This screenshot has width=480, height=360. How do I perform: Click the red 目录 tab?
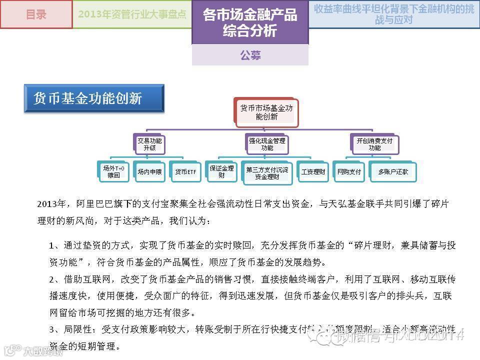(36, 14)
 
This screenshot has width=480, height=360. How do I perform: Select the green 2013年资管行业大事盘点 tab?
(132, 14)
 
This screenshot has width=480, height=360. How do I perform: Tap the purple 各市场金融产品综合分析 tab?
(250, 22)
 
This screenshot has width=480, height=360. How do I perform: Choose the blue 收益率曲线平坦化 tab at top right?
(394, 14)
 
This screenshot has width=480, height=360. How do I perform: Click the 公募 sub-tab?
(250, 55)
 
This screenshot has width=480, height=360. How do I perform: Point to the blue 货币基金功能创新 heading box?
(94, 98)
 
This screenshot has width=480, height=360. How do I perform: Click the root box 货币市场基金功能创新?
(266, 112)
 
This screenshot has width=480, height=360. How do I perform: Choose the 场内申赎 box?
(149, 171)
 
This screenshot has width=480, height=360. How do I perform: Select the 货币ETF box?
(185, 171)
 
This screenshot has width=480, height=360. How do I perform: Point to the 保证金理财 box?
(221, 171)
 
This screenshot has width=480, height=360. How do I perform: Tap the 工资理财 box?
(313, 171)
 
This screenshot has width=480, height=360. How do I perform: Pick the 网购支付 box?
(349, 171)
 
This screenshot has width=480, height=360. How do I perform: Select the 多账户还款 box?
(393, 171)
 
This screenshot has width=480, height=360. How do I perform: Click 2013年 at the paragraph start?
(51, 204)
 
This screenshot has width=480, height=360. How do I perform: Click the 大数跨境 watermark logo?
(33, 350)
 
